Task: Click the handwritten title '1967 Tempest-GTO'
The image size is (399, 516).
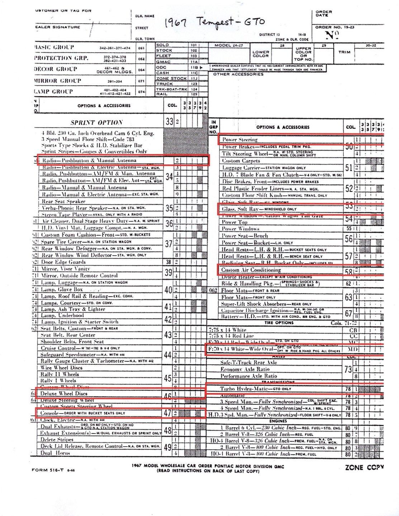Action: point(214,23)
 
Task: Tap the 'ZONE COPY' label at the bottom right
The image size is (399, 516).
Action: point(364,467)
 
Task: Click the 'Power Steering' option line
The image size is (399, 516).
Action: point(240,139)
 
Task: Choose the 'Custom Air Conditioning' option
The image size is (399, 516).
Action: point(251,270)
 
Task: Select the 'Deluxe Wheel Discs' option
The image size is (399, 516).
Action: point(64,393)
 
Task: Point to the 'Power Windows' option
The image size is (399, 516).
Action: point(240,229)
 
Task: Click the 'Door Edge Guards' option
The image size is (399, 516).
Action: point(61,262)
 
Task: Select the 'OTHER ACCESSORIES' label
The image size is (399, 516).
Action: point(238,74)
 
